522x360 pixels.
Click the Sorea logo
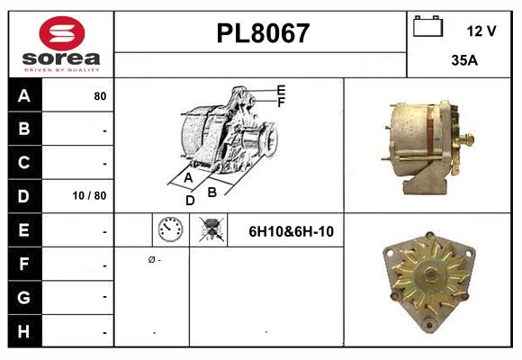click(x=61, y=45)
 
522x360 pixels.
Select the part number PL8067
click(x=263, y=33)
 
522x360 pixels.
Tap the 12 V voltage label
click(x=481, y=31)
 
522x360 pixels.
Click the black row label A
click(x=24, y=95)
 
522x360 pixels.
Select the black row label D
click(x=24, y=196)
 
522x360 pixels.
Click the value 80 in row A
click(x=100, y=95)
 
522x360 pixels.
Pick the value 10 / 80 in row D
click(x=93, y=196)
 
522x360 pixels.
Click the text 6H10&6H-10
click(x=291, y=231)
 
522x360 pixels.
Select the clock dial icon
click(x=170, y=230)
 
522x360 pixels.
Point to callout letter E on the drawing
click(x=281, y=90)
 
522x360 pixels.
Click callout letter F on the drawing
click(x=281, y=102)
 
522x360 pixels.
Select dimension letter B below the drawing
click(x=212, y=192)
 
